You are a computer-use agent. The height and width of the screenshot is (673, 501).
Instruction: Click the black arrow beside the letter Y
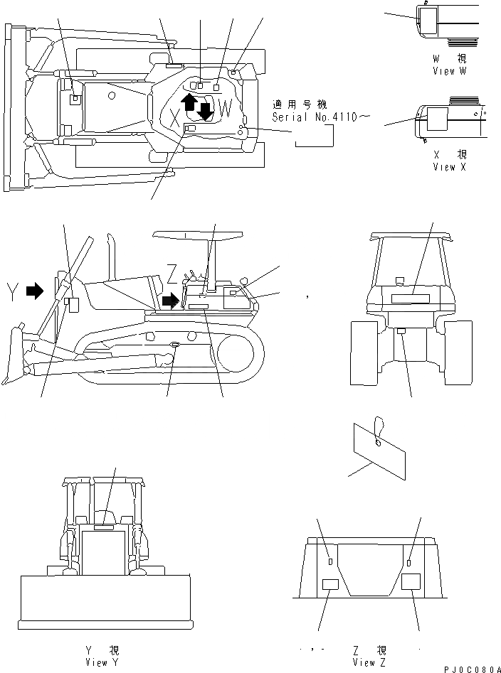click(33, 290)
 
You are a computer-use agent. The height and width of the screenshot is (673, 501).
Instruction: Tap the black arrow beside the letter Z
click(171, 301)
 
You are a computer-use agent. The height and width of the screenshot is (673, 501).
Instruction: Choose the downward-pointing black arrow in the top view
click(205, 110)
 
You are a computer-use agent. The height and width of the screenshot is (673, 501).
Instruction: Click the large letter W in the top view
click(225, 109)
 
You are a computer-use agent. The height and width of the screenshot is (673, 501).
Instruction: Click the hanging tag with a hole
click(379, 448)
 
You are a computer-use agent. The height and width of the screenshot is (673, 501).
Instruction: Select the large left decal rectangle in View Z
click(331, 585)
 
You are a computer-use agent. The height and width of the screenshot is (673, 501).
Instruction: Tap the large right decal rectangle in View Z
click(412, 582)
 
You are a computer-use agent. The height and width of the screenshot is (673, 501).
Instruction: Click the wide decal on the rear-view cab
click(410, 298)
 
